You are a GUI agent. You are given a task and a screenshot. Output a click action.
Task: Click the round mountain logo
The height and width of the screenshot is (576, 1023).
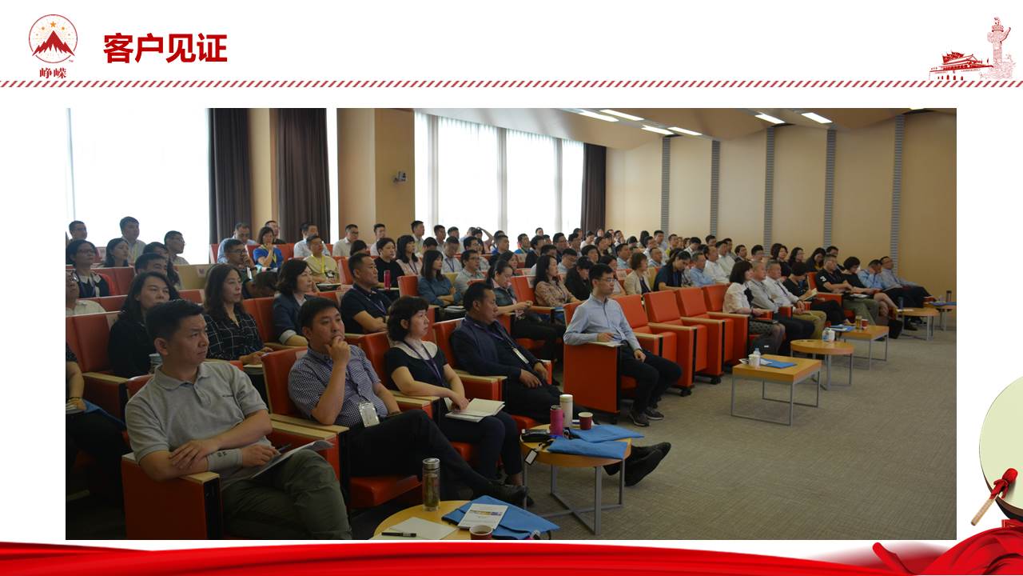click(x=53, y=39)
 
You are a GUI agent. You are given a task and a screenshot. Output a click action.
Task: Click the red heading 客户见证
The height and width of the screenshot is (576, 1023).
click(x=165, y=47)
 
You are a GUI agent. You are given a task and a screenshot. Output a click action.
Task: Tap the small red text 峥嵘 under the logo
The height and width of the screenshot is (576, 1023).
click(x=53, y=73)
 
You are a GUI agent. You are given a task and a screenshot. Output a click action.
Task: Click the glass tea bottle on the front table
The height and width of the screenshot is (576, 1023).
click(x=431, y=484)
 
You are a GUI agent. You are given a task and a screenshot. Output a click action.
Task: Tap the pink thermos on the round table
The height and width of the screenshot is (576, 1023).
click(x=557, y=420)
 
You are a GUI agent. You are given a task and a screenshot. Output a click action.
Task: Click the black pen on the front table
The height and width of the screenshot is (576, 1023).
click(x=399, y=534)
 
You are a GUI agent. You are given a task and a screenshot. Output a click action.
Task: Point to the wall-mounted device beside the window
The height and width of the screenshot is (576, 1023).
click(x=400, y=177)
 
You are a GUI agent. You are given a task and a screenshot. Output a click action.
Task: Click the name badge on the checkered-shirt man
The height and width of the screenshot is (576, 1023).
click(x=368, y=414)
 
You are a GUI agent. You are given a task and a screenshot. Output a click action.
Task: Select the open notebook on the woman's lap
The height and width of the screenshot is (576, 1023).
click(x=475, y=409)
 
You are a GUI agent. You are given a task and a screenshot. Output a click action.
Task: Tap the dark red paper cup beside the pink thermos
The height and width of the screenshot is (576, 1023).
click(x=585, y=420)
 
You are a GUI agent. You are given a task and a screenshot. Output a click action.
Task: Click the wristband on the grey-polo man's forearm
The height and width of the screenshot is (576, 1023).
click(x=225, y=458)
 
